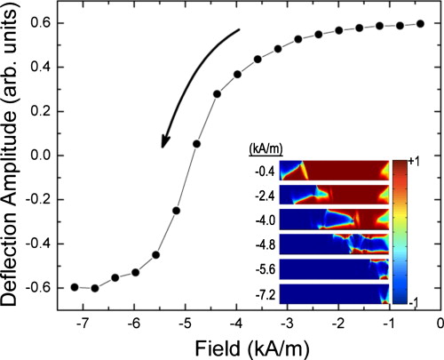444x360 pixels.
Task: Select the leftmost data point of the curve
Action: pos(75,287)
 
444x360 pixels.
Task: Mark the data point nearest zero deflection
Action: pos(196,143)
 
